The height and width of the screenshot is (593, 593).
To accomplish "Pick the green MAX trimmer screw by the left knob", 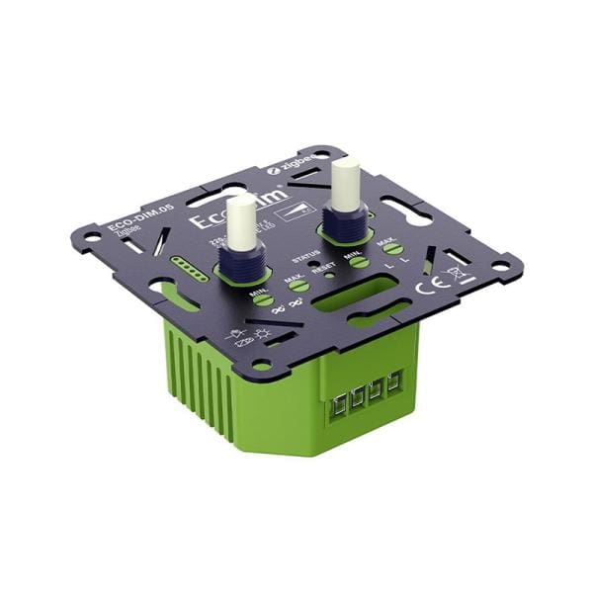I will click(297, 287).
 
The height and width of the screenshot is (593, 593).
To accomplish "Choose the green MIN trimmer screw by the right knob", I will click(359, 261).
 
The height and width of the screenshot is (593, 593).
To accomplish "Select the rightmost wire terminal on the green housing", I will click(395, 381).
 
